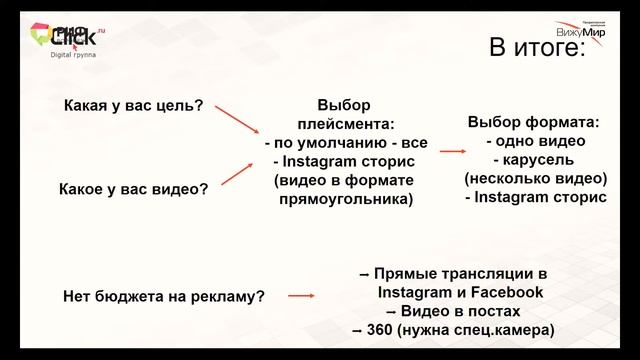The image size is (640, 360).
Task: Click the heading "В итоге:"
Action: click(535, 48)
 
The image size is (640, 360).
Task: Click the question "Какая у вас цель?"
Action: click(133, 104)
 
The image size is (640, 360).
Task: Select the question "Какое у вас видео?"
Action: click(134, 187)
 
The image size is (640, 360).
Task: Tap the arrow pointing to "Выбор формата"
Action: click(453, 150)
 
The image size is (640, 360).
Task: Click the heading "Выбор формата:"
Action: click(535, 123)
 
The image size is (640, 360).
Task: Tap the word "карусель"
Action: click(539, 160)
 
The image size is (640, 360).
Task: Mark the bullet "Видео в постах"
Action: click(453, 311)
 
